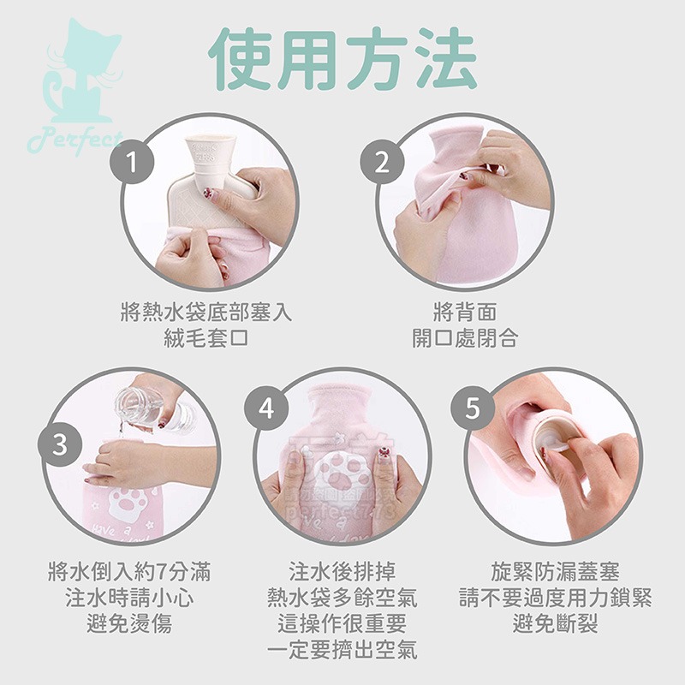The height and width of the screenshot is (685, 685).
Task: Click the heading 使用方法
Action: coord(342,58)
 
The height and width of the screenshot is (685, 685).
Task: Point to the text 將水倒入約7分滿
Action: coord(128,571)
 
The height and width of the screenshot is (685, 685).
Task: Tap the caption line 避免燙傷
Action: coord(128,623)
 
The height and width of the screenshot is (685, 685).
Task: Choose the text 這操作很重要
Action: coord(342,623)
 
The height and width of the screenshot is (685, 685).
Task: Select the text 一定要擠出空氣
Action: coord(342,650)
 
